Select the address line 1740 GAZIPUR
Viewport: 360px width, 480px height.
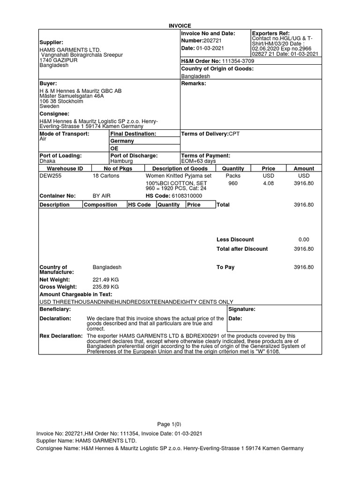coord(58,60)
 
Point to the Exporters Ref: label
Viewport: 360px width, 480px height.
coord(271,33)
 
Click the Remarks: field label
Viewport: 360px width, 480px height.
coord(193,83)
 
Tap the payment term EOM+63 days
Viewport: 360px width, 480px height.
coord(198,161)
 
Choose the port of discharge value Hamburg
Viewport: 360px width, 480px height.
coord(121,161)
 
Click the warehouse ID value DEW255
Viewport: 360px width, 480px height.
coord(51,176)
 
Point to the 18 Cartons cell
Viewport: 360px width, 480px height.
coord(106,176)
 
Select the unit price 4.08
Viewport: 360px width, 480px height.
coord(269,184)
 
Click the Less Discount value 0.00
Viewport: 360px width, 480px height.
coord(304,240)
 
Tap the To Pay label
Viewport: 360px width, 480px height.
coord(225,267)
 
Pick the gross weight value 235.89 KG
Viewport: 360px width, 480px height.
coord(106,286)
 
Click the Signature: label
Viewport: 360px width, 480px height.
coord(242,309)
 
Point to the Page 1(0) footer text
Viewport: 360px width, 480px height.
coord(180,423)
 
